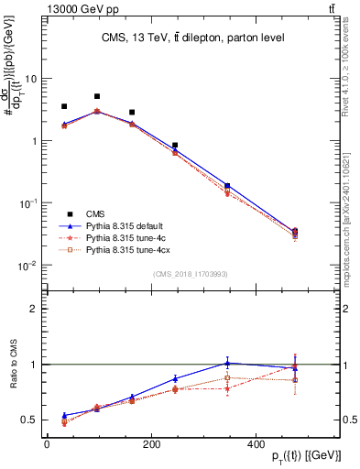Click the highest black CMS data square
point(97,96)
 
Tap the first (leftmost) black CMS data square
point(64,106)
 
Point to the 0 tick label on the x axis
point(47,444)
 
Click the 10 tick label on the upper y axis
point(30,79)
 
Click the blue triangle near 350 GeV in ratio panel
point(227,363)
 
